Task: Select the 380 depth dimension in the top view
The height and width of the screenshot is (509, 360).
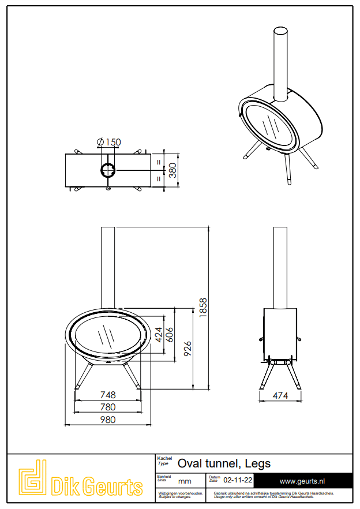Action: [x=172, y=170]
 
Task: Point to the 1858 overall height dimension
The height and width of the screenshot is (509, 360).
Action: [x=202, y=306]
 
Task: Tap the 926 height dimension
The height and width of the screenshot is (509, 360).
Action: [x=187, y=348]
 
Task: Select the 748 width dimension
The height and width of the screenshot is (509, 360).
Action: [x=107, y=395]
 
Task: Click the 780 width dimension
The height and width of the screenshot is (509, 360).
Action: [x=107, y=407]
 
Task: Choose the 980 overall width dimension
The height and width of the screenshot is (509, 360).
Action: [x=107, y=420]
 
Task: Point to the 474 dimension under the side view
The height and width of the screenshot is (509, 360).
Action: [x=280, y=396]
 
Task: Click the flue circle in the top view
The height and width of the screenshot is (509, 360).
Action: [x=108, y=170]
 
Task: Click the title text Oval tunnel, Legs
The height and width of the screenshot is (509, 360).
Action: [x=224, y=463]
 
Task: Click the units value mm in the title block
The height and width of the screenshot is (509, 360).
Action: [x=185, y=481]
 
